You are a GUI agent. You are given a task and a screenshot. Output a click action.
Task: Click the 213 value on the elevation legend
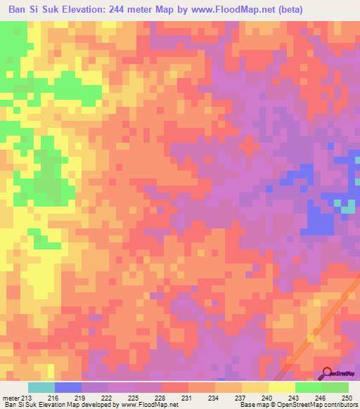click(x=26, y=398)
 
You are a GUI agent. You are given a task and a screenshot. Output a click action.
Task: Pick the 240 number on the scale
click(x=268, y=398)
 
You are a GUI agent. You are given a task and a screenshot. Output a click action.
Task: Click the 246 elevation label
click(x=321, y=398)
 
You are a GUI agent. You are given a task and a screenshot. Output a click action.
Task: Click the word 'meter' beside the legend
click(x=10, y=398)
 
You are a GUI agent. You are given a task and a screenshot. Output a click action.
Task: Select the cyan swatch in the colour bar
click(x=41, y=387)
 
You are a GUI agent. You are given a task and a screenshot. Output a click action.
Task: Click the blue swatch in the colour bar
click(x=68, y=387)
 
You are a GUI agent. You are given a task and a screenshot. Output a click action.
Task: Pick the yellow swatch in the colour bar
click(x=282, y=387)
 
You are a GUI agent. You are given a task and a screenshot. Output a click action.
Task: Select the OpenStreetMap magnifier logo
click(x=327, y=373)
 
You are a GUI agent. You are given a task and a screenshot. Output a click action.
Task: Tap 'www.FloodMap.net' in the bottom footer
click(x=146, y=405)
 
